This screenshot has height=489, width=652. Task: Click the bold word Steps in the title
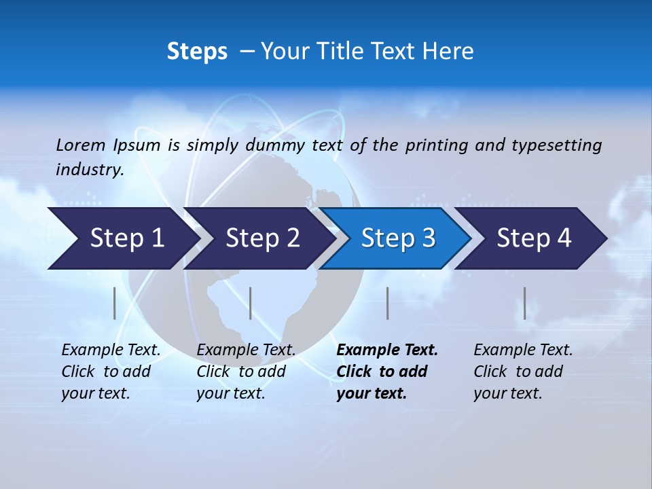click(x=197, y=52)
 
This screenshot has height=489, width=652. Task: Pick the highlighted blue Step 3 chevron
click(x=398, y=238)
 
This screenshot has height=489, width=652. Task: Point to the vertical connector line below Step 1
click(x=115, y=303)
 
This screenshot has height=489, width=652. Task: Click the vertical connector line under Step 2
click(x=251, y=303)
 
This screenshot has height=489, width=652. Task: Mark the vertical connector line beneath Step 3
click(x=387, y=303)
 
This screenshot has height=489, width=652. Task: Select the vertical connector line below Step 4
click(x=524, y=303)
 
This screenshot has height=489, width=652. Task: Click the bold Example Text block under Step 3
click(x=387, y=372)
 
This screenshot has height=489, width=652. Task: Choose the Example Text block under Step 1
click(x=111, y=372)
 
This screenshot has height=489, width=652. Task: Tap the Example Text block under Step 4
click(x=523, y=372)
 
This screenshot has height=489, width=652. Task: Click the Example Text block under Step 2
click(x=246, y=372)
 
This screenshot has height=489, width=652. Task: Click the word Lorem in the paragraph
click(x=81, y=145)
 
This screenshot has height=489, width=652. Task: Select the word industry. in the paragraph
click(x=90, y=170)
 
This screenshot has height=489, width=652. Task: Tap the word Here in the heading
click(x=448, y=52)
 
